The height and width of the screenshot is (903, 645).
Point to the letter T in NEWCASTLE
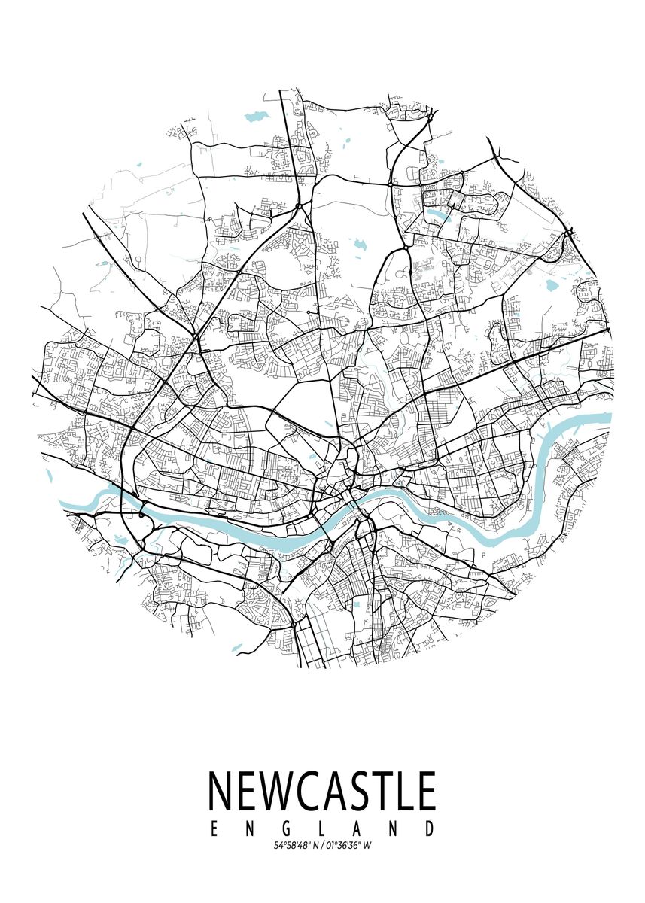coord(387,791)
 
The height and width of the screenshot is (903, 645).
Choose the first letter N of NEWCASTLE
coord(221,791)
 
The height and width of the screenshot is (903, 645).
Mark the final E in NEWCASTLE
coord(427,791)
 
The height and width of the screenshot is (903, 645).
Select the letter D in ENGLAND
coord(430,829)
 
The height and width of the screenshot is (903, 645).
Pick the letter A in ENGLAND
coord(357,829)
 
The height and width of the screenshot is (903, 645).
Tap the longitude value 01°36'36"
coord(342,846)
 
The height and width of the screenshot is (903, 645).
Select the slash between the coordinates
coord(322,846)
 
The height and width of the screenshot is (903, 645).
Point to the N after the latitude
coord(315,846)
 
